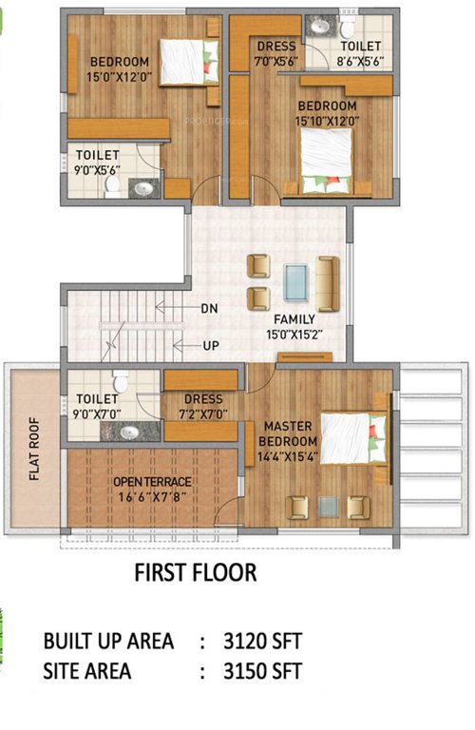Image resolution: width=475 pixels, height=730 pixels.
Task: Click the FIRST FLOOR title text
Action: pyautogui.click(x=195, y=573)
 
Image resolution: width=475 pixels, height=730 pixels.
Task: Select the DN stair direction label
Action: pyautogui.click(x=210, y=308)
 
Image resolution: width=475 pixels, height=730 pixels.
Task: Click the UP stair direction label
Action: pyautogui.click(x=210, y=346)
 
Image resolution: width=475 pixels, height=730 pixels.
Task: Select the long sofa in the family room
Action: pyautogui.click(x=328, y=282)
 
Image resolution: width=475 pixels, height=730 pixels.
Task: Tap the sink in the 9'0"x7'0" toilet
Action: pyautogui.click(x=128, y=432)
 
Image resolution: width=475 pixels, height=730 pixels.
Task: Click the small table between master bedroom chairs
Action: pyautogui.click(x=329, y=507)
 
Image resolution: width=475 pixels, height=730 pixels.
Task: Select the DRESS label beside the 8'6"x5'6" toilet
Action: pyautogui.click(x=276, y=46)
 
